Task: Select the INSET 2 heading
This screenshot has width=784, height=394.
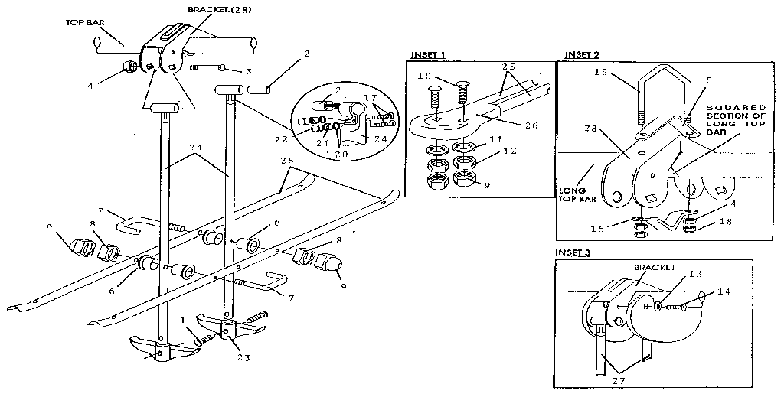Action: (x=582, y=55)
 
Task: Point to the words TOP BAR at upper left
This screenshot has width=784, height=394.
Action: (x=85, y=24)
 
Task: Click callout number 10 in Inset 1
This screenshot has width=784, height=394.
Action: (x=426, y=77)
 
